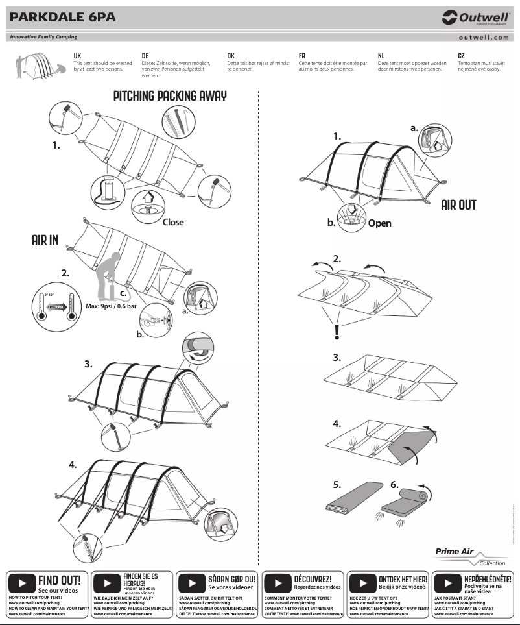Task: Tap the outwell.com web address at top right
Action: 484,38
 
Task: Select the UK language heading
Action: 77,56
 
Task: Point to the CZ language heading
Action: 461,56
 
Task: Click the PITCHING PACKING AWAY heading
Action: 170,96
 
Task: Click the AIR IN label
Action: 45,240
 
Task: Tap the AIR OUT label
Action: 458,205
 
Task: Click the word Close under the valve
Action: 173,222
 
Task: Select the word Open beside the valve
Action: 379,223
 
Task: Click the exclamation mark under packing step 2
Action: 337,332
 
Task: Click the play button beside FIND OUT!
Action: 22,582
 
